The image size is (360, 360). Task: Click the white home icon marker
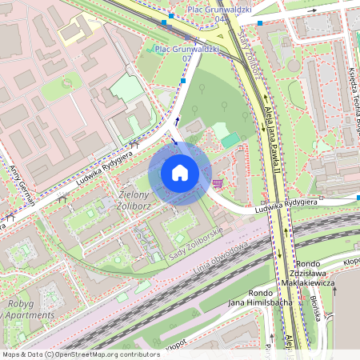tap(179, 172)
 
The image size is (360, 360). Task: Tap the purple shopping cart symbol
tap(218, 183)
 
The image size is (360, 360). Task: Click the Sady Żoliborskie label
tap(195, 247)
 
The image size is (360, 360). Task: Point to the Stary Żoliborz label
tap(249, 55)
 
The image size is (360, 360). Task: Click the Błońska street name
tap(314, 309)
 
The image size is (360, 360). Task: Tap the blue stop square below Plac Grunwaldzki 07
tap(183, 81)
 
